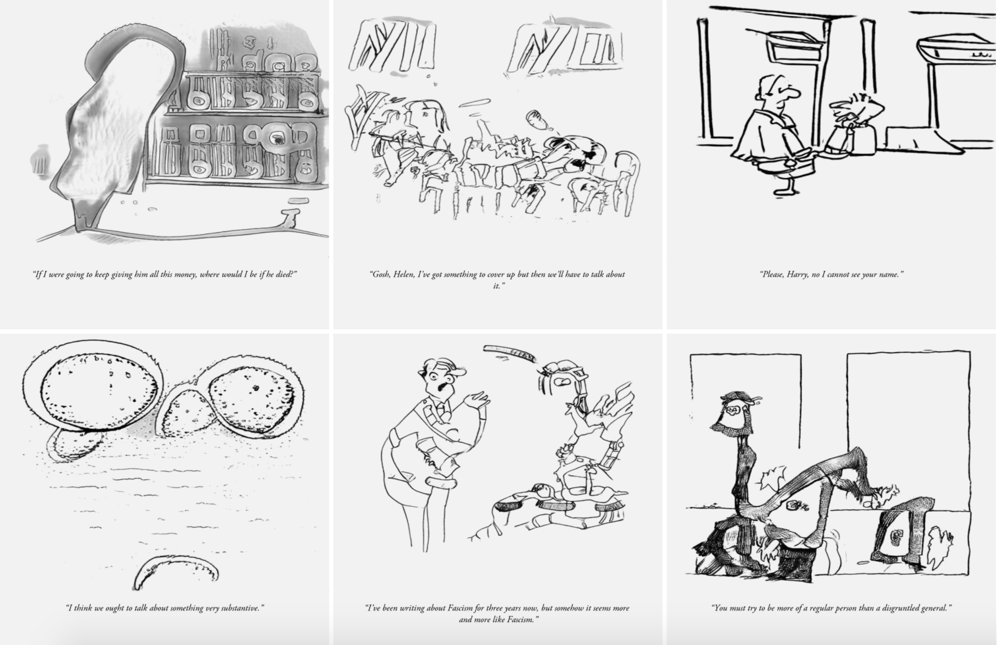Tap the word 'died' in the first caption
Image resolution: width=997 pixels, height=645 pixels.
[x=283, y=275]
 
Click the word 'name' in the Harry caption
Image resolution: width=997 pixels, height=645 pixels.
[x=887, y=275]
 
